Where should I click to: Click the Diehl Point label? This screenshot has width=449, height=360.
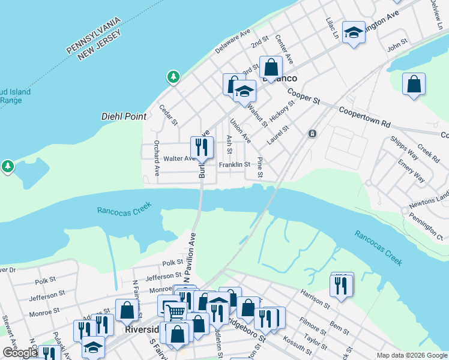click(x=123, y=117)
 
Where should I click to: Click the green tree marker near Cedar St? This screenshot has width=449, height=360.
click(x=173, y=77)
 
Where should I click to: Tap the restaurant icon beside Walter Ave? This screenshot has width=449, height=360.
click(x=202, y=147)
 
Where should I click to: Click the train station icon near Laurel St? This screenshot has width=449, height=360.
click(x=312, y=133)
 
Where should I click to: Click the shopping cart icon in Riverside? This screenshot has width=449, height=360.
click(x=175, y=311)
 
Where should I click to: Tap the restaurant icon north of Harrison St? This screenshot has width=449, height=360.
click(x=342, y=286)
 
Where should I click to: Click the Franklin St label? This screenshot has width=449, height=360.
click(x=234, y=164)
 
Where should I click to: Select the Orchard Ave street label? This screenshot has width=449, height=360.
click(x=157, y=158)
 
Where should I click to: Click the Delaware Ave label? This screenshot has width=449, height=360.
click(x=232, y=41)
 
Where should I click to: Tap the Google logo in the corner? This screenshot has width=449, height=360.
click(x=20, y=353)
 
